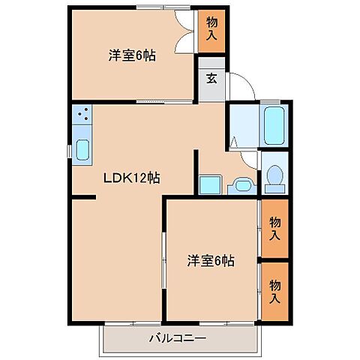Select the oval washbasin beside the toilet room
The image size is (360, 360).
click(242, 185)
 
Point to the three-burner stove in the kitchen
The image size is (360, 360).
click(82, 115)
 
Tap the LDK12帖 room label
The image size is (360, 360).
click(133, 178)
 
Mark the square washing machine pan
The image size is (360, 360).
click(209, 184)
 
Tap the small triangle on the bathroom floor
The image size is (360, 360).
click(235, 141)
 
